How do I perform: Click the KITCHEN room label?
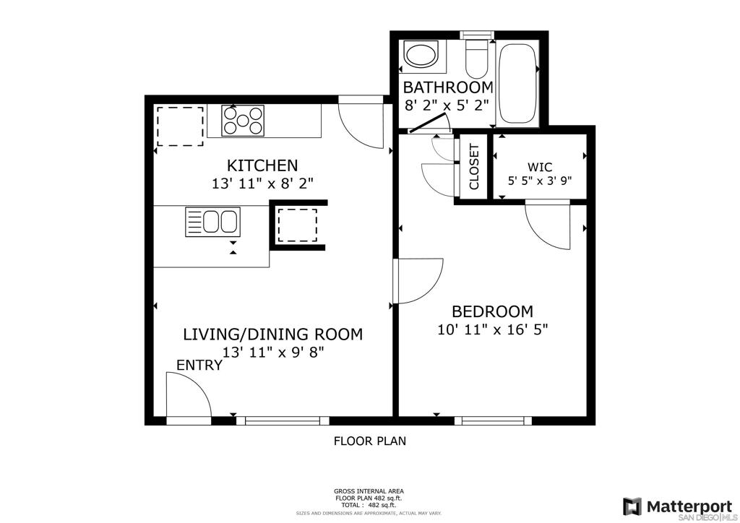tap(262, 165)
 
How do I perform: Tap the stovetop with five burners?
tap(243, 121)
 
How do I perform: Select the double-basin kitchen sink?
tap(213, 222)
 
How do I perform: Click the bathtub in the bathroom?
tap(518, 83)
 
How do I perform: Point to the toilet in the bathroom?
tap(476, 59)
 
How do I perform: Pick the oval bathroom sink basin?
tap(421, 55)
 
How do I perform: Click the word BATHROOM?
tap(448, 87)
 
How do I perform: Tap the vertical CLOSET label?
tap(474, 166)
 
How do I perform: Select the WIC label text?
tap(539, 166)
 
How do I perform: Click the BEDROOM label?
tap(492, 311)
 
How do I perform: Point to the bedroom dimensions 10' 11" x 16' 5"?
tap(493, 329)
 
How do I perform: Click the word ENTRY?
tap(199, 365)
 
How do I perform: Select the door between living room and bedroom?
tap(418, 280)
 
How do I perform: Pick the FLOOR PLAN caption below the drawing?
tap(370, 441)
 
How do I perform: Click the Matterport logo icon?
tap(632, 506)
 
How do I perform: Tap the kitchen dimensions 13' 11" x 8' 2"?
tap(263, 183)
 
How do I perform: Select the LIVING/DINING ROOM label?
tap(272, 334)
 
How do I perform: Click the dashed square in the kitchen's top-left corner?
tap(180, 126)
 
